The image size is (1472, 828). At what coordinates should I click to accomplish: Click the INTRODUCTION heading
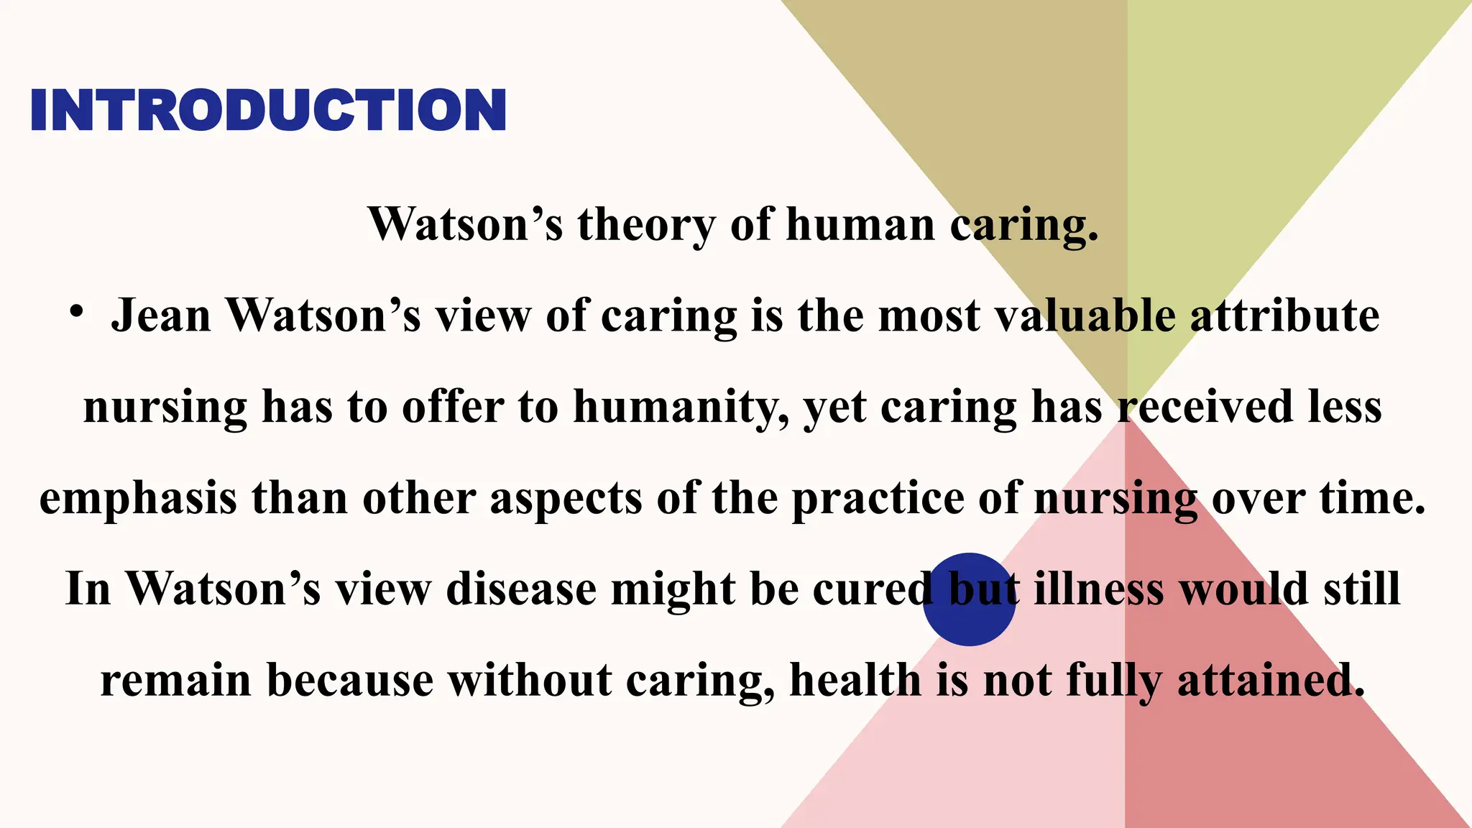268,110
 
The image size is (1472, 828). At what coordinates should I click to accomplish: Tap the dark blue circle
969,600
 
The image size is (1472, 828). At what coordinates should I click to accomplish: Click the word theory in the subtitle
646,225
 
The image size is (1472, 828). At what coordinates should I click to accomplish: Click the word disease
521,590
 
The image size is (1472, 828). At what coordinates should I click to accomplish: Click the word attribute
1284,316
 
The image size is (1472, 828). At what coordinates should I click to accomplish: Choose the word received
1205,408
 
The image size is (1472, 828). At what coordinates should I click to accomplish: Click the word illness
1099,590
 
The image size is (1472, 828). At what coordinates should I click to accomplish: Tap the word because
350,681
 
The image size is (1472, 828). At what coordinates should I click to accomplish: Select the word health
855,681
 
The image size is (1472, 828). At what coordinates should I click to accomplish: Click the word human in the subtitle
860,225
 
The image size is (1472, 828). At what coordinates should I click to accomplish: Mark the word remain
175,681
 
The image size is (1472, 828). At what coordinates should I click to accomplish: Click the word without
530,681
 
